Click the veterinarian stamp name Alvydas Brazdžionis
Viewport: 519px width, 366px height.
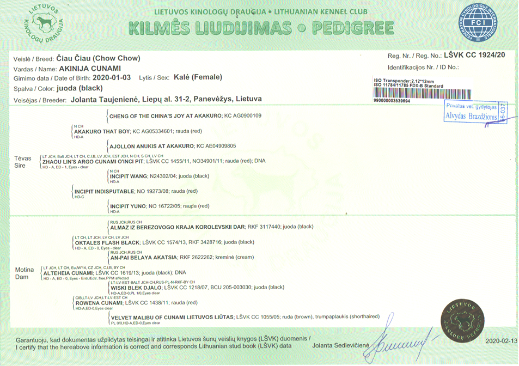coord(471,116)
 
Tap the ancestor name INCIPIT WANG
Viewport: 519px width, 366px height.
coord(129,176)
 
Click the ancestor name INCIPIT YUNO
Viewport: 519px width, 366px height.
coord(128,206)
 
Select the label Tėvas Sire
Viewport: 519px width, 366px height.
coord(23,161)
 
